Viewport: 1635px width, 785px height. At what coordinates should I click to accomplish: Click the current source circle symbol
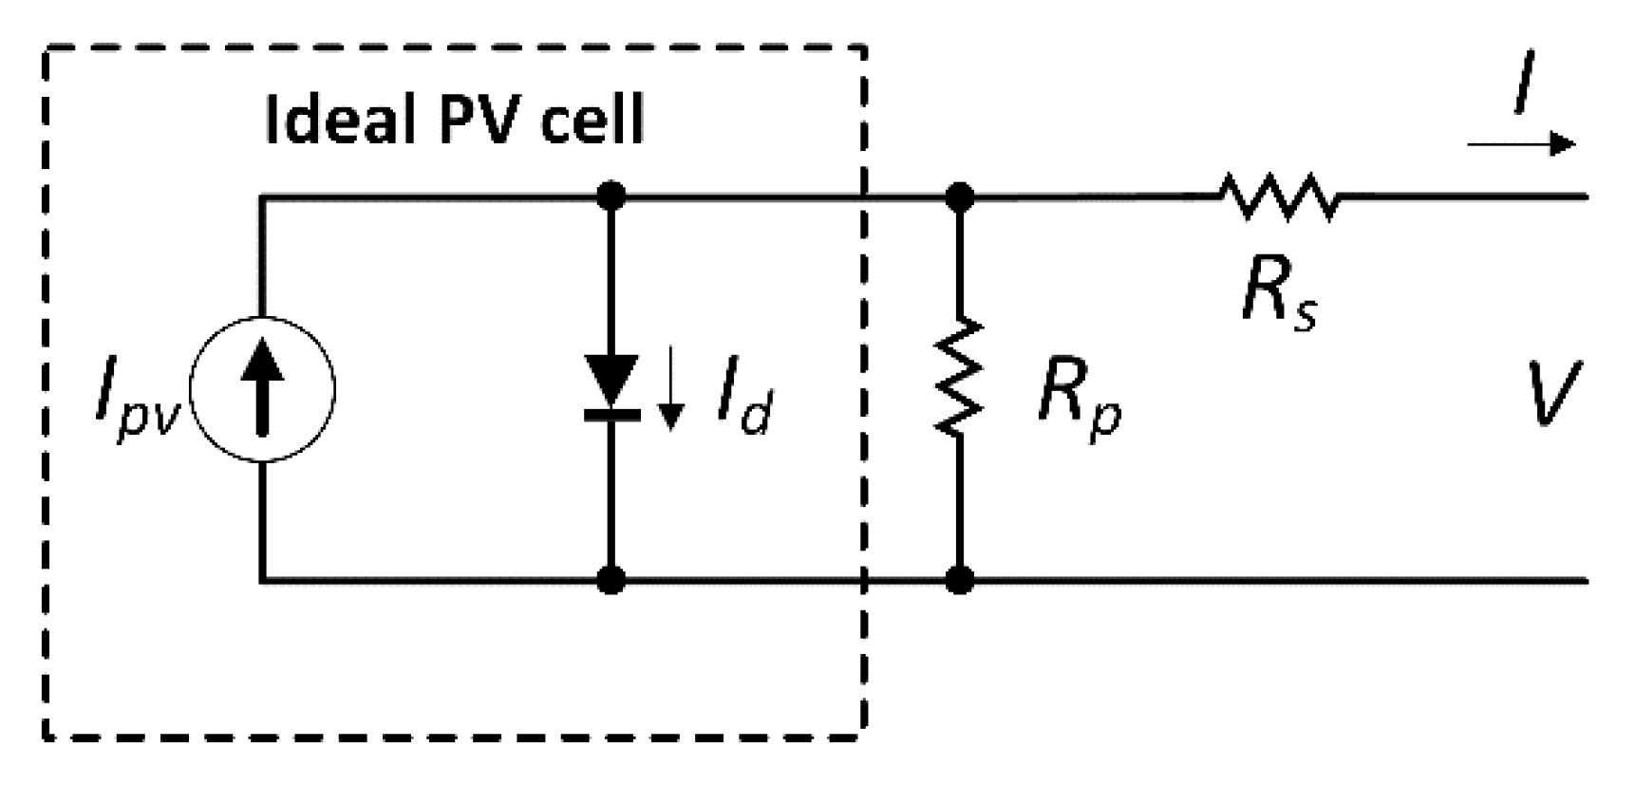click(x=262, y=389)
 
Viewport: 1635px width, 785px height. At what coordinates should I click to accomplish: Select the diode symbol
click(x=611, y=387)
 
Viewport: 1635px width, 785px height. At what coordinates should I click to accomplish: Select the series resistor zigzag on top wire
click(x=1278, y=197)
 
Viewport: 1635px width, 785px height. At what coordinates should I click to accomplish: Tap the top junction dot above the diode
click(x=611, y=196)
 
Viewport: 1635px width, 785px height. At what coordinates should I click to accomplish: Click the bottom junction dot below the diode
click(x=611, y=579)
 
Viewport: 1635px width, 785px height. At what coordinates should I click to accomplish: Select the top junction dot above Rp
click(x=960, y=196)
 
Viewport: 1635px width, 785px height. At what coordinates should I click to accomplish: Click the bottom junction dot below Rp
click(x=960, y=579)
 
